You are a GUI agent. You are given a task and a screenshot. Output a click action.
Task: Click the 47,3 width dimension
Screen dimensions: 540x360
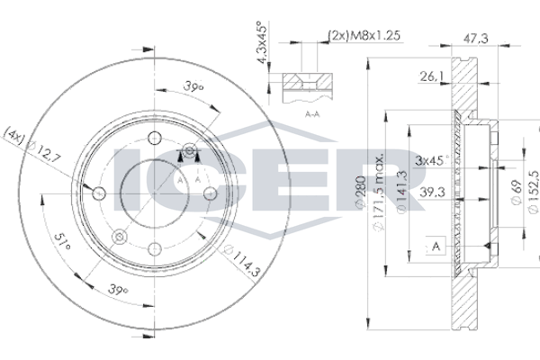coord(475,38)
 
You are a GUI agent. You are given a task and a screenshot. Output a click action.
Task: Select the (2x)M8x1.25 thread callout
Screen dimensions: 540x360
coord(364,35)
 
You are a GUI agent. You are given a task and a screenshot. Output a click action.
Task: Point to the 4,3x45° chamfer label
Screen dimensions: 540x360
coord(263,42)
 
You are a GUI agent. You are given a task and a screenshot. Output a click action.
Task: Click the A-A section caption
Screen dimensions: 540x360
coord(312,113)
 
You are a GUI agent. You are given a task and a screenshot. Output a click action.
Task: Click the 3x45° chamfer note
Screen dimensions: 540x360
coord(432,160)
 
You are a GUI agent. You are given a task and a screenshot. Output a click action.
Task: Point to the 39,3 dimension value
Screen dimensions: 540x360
coord(432,193)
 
